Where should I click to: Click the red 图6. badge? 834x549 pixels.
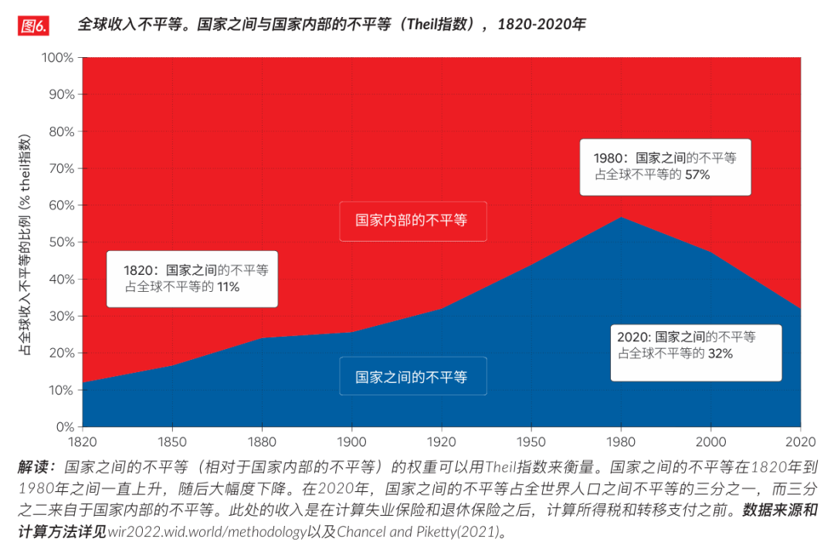coord(33,25)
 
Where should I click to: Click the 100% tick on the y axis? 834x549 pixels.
coord(57,58)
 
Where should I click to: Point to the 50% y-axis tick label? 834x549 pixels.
coord(60,242)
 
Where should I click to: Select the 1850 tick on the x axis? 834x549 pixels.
coord(172,442)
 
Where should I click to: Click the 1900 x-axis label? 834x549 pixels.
coord(351,442)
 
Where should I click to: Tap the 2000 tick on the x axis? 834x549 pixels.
coord(710,442)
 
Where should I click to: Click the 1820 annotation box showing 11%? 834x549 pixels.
coord(192,279)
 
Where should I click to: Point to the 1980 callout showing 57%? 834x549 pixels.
coord(665,167)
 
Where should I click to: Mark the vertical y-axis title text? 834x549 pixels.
coord(25,242)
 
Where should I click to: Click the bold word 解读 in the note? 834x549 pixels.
coord(35,468)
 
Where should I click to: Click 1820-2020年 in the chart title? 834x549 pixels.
coord(541,25)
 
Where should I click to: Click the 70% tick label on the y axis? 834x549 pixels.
coord(60,168)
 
